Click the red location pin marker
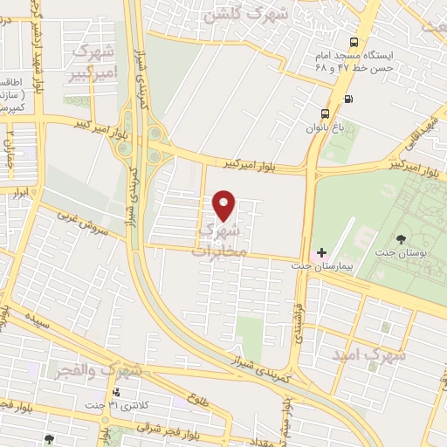(224, 205)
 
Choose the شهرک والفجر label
(100, 371)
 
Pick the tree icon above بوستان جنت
(401, 239)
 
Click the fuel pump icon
(350, 97)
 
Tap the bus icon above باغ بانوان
(326, 113)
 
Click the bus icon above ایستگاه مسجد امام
(354, 42)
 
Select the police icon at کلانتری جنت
(116, 391)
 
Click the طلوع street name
(199, 401)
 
